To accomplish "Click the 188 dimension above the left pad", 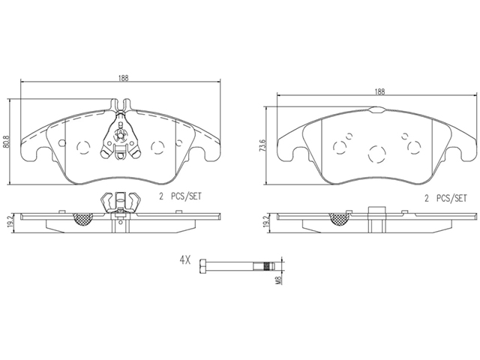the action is point(124,78).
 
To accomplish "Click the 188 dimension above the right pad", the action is point(379,91).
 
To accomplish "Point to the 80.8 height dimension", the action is point(5,142).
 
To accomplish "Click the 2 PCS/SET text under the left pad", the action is point(180,196).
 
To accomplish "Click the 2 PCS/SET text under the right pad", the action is point(445,198).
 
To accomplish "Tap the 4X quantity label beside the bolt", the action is point(185,260).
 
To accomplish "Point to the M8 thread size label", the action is point(278,280).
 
